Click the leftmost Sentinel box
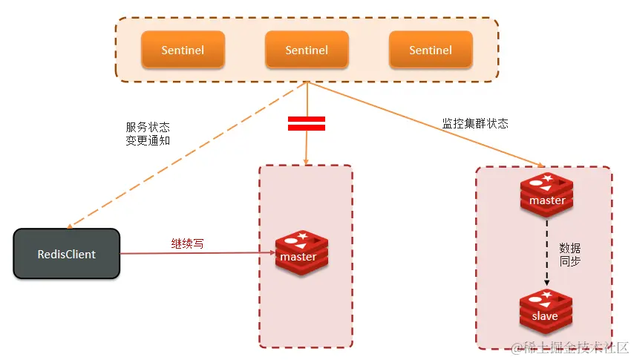tap(183, 50)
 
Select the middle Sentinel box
tap(307, 50)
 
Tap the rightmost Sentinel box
tap(431, 50)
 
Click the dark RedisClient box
tap(67, 254)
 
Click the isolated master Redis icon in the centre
tap(301, 252)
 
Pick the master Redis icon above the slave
tap(547, 194)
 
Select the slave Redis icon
tap(545, 312)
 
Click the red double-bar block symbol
tap(307, 124)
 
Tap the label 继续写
tap(187, 243)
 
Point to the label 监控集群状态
tap(475, 124)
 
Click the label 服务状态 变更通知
tap(148, 134)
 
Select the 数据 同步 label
tap(570, 254)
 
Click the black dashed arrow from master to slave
tap(547, 252)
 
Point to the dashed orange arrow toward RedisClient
tap(186, 156)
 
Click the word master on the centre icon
tap(298, 257)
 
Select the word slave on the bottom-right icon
tap(545, 316)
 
